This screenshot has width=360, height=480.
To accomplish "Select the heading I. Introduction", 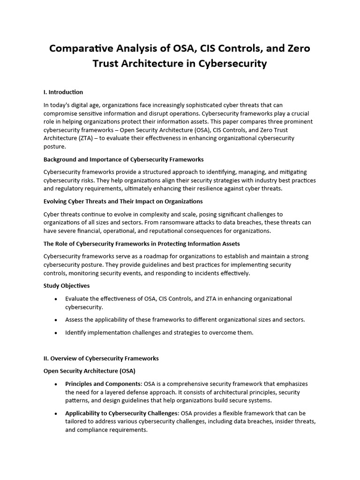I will click(63, 92).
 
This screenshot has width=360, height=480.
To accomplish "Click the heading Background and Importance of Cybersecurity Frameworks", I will click(124, 159).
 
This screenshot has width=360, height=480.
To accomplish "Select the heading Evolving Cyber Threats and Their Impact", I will click(123, 201).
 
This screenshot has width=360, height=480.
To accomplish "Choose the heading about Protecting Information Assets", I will click(142, 243).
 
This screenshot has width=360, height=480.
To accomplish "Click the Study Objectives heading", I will click(67, 285).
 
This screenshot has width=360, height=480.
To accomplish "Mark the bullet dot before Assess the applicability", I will click(56, 320).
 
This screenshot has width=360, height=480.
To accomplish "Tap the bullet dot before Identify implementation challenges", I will click(56, 333).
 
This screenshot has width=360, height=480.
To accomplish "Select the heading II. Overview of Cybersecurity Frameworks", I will click(101, 358).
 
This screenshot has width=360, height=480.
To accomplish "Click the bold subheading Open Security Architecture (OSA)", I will click(89, 371).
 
